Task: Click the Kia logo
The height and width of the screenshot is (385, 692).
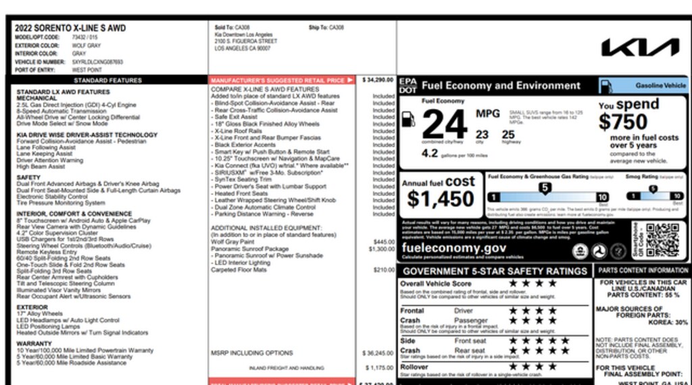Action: (640, 47)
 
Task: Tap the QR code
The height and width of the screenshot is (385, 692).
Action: (662, 240)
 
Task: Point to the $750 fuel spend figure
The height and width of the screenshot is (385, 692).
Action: (622, 122)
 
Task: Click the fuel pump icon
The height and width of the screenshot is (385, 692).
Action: (408, 120)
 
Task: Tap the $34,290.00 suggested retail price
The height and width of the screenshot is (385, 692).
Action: (378, 80)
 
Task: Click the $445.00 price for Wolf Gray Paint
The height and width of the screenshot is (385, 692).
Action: (383, 241)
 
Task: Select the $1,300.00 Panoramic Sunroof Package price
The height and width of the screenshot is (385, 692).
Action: (382, 249)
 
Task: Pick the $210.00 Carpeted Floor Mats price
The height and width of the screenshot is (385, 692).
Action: (383, 269)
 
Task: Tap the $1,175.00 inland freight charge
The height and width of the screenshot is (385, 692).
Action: (379, 367)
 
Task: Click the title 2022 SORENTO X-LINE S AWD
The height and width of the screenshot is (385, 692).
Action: (70, 28)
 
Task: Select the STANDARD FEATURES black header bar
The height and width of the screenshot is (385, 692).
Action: (108, 80)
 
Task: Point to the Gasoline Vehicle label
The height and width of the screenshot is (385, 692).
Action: (660, 86)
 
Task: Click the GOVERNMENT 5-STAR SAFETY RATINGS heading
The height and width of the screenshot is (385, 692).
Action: (494, 271)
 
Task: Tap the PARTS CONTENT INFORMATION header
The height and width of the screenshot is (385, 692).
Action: (643, 270)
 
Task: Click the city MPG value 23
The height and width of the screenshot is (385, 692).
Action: (482, 135)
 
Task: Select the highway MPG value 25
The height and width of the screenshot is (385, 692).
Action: (508, 135)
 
